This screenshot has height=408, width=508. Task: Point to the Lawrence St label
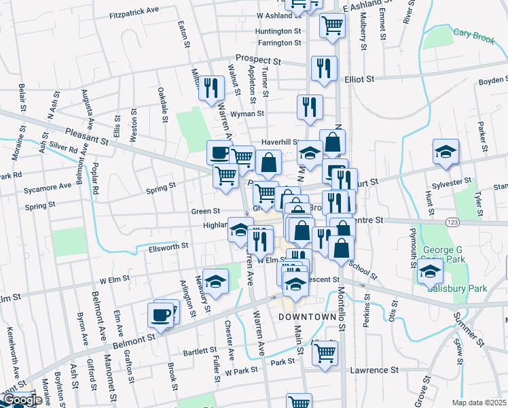pos(373,371)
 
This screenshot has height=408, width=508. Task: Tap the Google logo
pos(21,401)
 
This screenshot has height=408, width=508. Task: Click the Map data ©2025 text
pos(482,403)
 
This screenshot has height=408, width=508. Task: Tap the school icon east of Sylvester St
pos(446,152)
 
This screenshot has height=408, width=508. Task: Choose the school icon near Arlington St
pos(215,281)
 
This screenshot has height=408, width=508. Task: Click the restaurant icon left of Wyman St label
pos(212,88)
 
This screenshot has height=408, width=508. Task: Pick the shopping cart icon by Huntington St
pos(332,25)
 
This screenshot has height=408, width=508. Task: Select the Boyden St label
pos(492,80)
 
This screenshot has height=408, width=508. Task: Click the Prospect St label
pos(258,60)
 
